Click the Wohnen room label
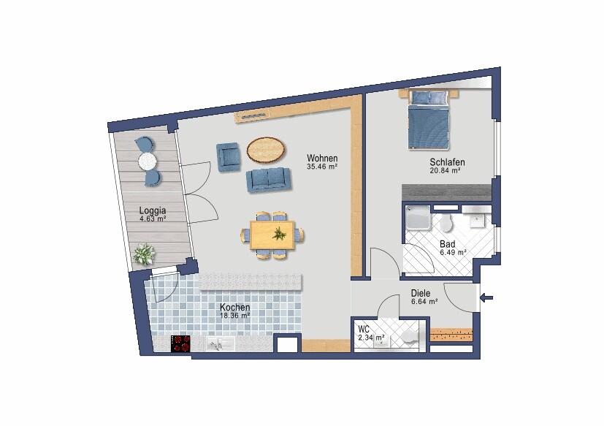[x=322, y=158]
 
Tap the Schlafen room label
[x=447, y=162]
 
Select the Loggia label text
[x=153, y=210]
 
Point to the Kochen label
[x=235, y=307]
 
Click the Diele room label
[x=421, y=294]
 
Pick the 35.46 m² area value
[x=322, y=167]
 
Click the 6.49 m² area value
[x=453, y=253]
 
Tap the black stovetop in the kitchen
[x=180, y=343]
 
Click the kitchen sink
[x=220, y=344]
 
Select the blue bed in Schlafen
[x=429, y=120]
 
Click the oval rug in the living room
[x=266, y=150]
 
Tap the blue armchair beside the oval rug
[x=228, y=157]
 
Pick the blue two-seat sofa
[x=269, y=180]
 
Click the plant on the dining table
[x=278, y=233]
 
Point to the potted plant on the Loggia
[x=144, y=254]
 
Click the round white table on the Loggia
[x=147, y=161]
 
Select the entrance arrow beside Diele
[x=486, y=297]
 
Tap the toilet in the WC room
[x=409, y=337]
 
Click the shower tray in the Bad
[x=418, y=218]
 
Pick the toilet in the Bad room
[x=446, y=223]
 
